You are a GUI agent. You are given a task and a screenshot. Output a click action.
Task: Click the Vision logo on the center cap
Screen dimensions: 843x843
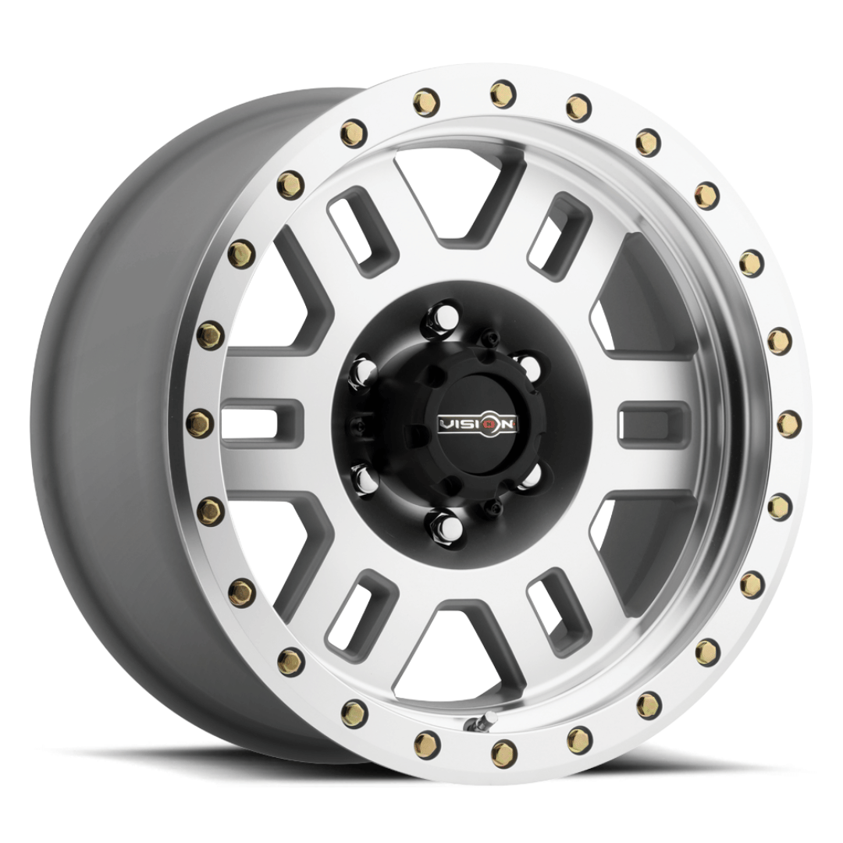pos(478,424)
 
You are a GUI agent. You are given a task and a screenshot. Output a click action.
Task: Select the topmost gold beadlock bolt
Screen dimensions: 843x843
pos(503,92)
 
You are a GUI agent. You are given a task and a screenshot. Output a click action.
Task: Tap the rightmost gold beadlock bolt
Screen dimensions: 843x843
pos(788,421)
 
